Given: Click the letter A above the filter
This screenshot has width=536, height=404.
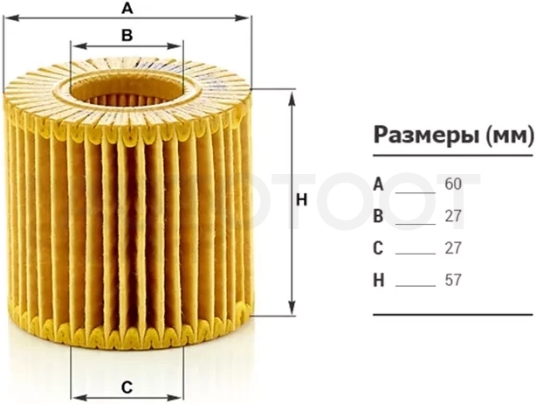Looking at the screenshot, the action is click(x=127, y=8).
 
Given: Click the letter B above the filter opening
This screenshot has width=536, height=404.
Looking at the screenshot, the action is click(x=127, y=35).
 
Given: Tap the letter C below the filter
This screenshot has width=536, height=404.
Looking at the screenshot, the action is click(x=127, y=387).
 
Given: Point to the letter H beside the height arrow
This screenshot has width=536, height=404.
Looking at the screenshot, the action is click(x=301, y=200).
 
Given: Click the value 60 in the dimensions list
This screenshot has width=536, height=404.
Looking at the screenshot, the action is click(x=453, y=185).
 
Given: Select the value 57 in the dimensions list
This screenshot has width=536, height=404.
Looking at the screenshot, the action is click(x=453, y=281).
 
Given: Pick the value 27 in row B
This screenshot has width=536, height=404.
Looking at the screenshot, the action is click(x=453, y=216).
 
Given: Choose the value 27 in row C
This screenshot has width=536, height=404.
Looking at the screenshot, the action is click(x=453, y=248).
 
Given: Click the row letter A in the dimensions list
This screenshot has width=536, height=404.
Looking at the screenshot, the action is click(x=378, y=185).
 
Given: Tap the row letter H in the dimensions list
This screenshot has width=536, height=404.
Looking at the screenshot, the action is click(x=379, y=281).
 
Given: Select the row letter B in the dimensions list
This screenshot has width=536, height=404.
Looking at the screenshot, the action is click(x=378, y=216).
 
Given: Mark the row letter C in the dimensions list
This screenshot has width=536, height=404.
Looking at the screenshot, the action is click(x=378, y=248).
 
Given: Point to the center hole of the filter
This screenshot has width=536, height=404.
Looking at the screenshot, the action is click(x=127, y=90).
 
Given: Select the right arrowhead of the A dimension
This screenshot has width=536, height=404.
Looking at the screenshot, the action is click(x=241, y=17).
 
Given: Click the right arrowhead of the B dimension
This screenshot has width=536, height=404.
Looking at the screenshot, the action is click(x=174, y=46).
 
